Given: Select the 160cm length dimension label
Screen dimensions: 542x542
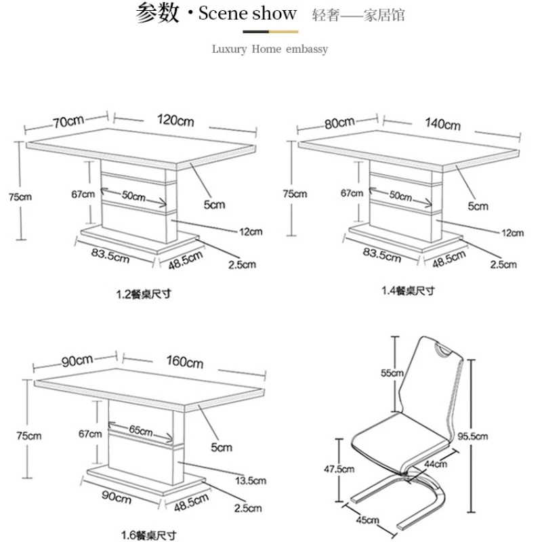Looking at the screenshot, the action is click(x=185, y=362).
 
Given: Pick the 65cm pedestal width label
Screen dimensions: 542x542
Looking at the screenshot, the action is click(x=142, y=430).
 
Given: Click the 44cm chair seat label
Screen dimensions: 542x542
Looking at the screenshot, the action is click(x=436, y=464).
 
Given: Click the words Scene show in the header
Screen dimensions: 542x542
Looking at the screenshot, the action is click(x=247, y=14).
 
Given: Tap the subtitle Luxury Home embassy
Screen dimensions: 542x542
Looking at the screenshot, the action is click(x=270, y=49).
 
